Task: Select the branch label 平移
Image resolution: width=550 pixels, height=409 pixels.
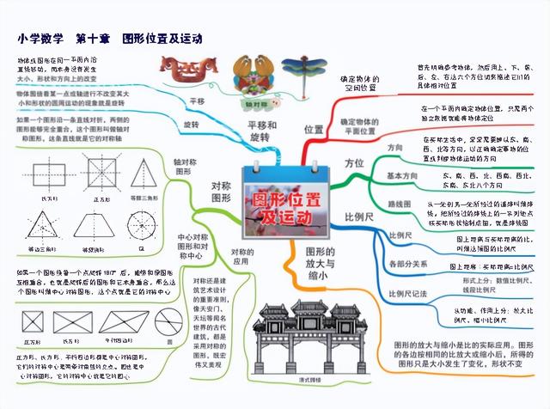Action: click(197, 101)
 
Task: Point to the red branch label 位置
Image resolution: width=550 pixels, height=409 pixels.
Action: click(313, 129)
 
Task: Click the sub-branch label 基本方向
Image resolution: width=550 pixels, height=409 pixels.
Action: click(400, 175)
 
